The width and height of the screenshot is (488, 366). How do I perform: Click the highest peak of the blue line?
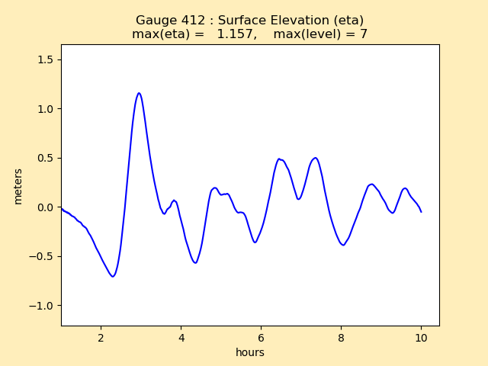pos(139,93)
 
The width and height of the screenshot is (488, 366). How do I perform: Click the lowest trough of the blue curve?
pos(113,276)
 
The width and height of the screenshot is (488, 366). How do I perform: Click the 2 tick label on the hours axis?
pos(101,338)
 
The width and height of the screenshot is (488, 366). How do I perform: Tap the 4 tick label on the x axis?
pos(181,338)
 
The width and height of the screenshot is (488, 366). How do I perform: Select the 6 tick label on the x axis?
pos(261,338)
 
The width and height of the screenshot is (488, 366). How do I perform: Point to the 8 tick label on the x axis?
pos(341,338)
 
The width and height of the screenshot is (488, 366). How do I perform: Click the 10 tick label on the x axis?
pos(421,338)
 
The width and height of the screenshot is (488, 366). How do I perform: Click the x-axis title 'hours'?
pos(250,352)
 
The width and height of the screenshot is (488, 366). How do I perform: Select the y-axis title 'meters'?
pos(18,186)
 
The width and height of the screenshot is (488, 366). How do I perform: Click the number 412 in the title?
pos(188,21)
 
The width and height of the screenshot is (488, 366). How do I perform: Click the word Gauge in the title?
pos(155,21)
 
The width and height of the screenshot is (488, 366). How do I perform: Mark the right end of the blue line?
pos(421,211)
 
